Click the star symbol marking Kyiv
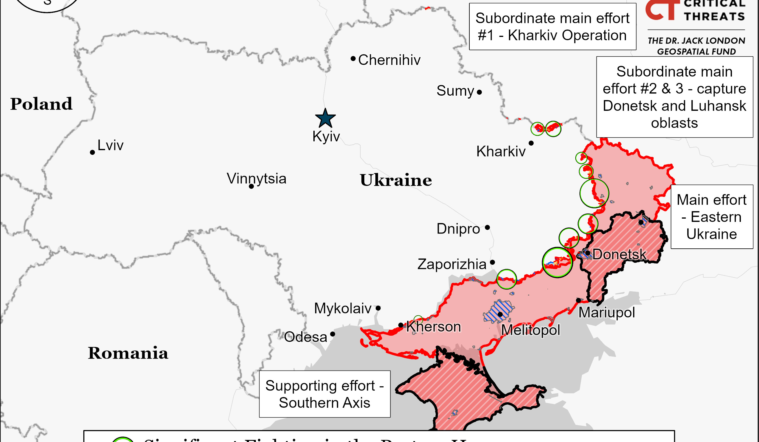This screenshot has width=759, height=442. click(x=325, y=119)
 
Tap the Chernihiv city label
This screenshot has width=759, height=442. click(x=389, y=60)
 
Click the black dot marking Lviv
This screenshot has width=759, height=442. click(x=93, y=152)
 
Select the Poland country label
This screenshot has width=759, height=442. click(x=41, y=104)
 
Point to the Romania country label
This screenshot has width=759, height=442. click(x=128, y=353)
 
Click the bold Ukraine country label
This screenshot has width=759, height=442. click(x=396, y=180)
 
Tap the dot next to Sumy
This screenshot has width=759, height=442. click(x=480, y=92)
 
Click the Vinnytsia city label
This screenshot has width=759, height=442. click(x=256, y=178)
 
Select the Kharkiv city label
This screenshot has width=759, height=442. click(x=501, y=151)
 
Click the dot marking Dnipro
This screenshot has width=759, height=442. click(x=487, y=228)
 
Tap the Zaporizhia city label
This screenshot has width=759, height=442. click(x=452, y=264)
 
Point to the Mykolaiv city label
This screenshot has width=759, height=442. click(x=343, y=308)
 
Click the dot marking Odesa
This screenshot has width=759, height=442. click(x=332, y=334)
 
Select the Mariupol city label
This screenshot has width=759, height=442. click(x=607, y=312)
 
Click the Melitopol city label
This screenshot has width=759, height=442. click(x=531, y=330)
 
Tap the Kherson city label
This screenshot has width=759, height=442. click(x=434, y=327)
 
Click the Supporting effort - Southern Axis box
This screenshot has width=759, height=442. click(x=325, y=394)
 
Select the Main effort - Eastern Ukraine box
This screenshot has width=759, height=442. click(x=712, y=217)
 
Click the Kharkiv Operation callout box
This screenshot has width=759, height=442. click(x=552, y=27)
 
